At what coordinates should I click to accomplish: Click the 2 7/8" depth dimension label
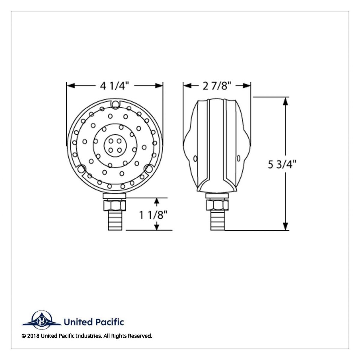217,86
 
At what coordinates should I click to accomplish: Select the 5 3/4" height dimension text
282,165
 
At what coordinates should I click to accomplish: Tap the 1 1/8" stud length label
153,215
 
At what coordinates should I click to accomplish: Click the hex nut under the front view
114,205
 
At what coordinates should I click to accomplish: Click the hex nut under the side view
217,205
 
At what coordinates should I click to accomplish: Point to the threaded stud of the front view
114,220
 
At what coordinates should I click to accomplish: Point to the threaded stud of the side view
217,220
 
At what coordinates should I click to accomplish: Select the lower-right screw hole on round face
148,169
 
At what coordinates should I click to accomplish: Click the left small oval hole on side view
196,158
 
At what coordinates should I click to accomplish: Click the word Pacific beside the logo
110,322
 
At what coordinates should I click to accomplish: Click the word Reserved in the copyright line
140,336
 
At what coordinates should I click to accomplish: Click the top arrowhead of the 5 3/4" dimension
285,101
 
